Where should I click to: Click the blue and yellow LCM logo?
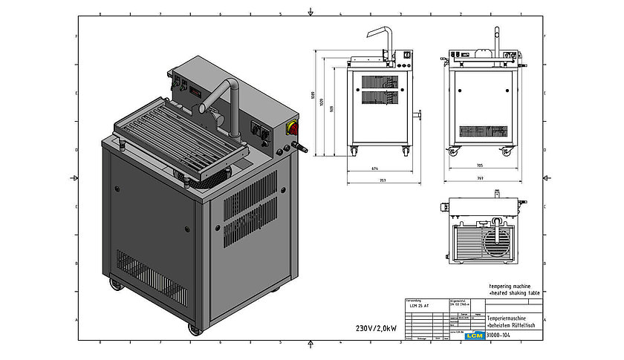473,336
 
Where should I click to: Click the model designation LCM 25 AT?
420,305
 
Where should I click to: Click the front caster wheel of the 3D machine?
195,327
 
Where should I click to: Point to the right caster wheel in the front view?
507,151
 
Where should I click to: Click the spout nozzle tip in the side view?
388,59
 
